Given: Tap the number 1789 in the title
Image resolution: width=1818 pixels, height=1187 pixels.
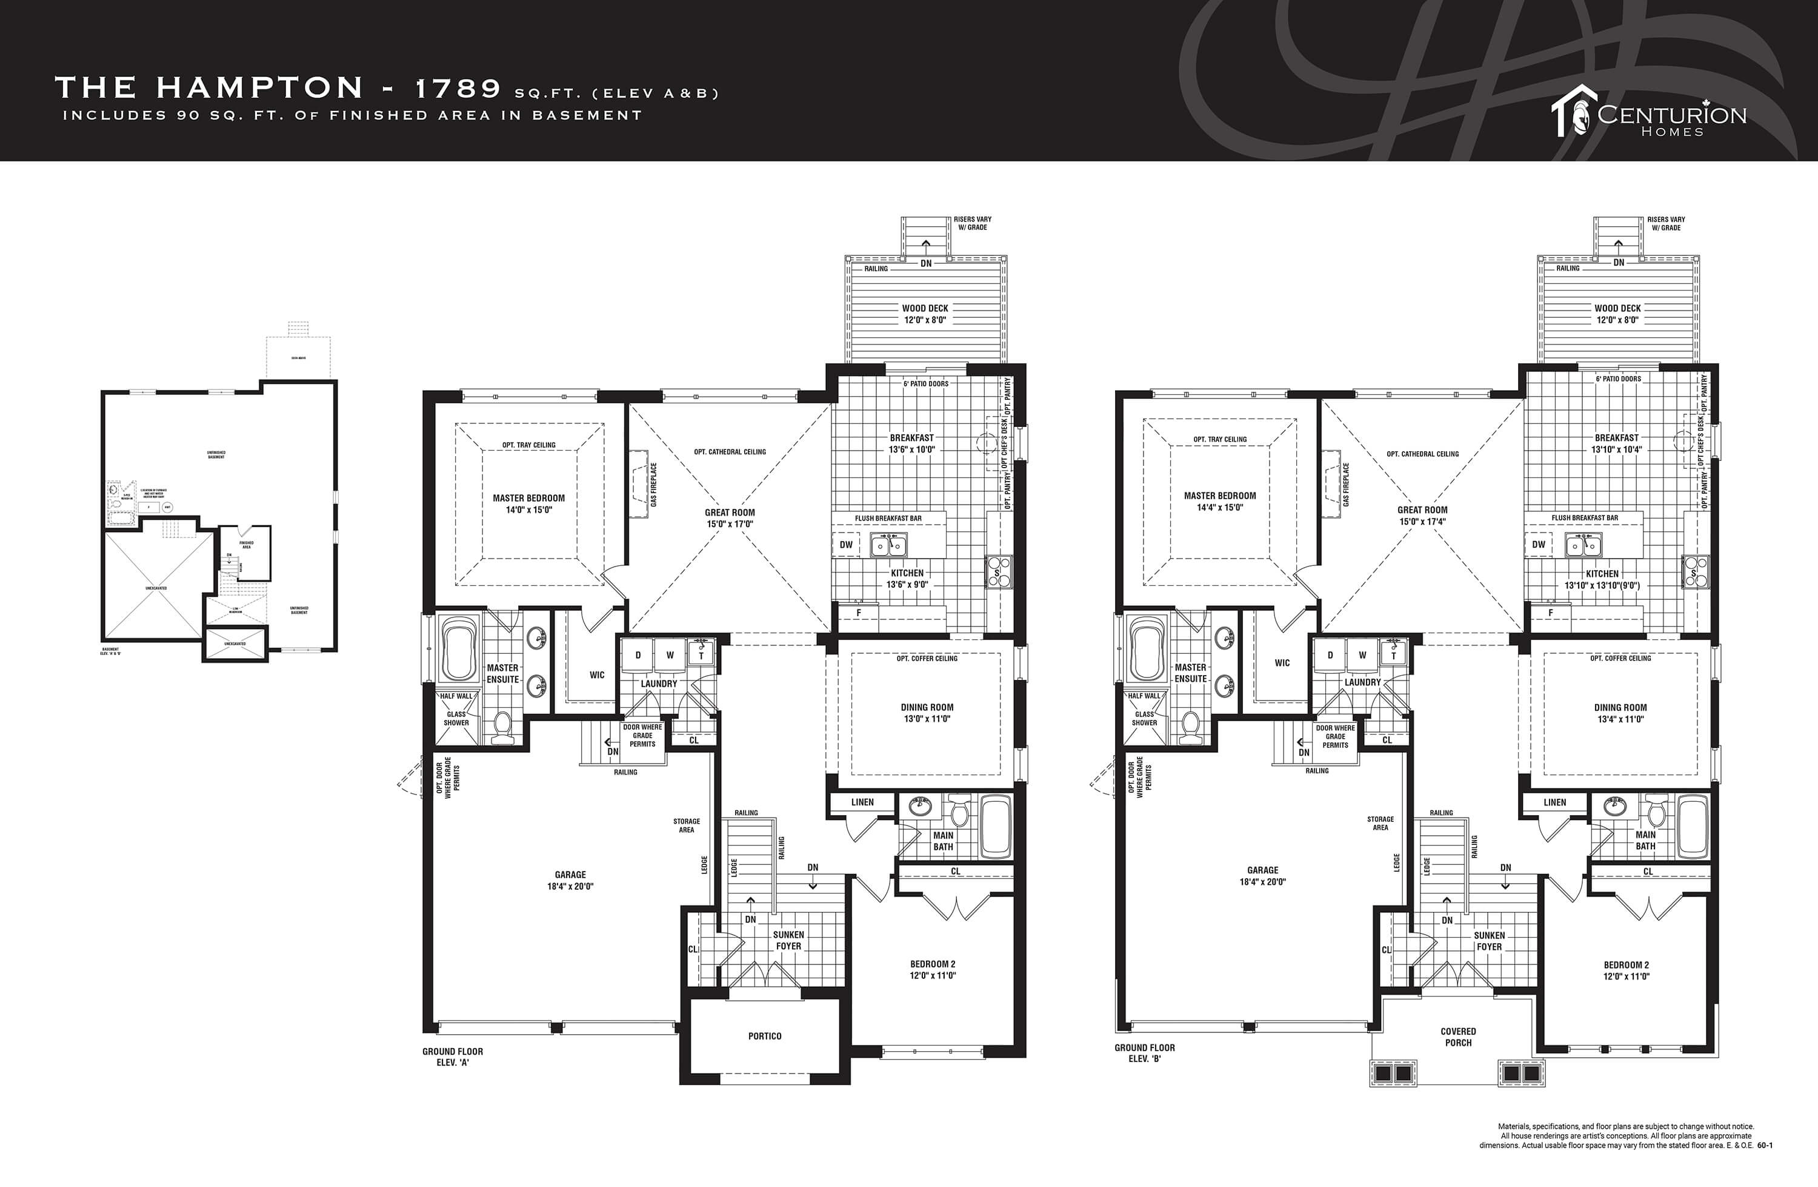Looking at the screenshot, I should pos(457,89).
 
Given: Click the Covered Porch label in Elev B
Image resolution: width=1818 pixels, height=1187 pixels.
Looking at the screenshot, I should pos(1458,1037).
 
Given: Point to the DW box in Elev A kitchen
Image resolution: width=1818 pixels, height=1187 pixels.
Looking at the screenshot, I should pos(845,545).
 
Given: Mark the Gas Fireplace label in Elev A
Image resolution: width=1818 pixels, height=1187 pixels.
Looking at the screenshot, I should pos(654,485).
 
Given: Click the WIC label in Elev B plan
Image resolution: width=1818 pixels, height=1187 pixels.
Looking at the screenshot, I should pos(1282,663).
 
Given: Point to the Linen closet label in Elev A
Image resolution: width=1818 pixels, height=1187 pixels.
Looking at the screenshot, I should pos(862,802).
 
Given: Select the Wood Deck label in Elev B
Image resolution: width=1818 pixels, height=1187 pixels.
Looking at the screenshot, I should pos(1617,314).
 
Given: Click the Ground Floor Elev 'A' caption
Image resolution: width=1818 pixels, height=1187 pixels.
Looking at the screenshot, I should pos(452,1057).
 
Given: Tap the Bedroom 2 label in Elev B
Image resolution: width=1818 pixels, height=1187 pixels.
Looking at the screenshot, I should pos(1627,970).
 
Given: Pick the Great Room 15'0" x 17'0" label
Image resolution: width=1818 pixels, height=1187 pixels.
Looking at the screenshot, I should pos(730,518).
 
